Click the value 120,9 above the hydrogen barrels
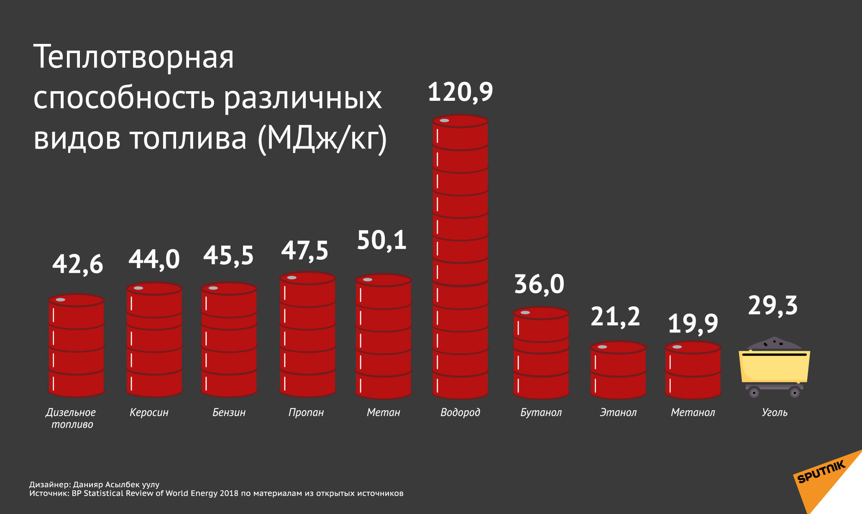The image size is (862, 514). click(x=460, y=92)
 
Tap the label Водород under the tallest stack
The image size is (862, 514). click(x=460, y=412)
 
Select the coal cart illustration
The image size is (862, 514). click(x=774, y=367)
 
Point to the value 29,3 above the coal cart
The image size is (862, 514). click(x=772, y=306)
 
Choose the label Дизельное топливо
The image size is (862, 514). click(x=71, y=418)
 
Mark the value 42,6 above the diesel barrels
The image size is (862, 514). click(x=77, y=264)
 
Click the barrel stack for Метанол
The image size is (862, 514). click(x=693, y=370)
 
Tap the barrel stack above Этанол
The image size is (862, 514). click(x=618, y=370)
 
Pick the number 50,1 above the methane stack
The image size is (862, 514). click(x=381, y=240)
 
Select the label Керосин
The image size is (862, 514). click(x=149, y=412)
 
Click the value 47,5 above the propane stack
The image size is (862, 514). click(x=304, y=251)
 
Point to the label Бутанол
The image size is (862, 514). click(x=541, y=412)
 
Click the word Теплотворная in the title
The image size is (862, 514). click(x=133, y=57)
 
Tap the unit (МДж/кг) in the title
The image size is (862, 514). click(x=322, y=138)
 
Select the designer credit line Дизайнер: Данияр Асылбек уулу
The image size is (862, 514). click(x=94, y=484)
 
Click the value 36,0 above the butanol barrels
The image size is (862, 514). click(x=539, y=284)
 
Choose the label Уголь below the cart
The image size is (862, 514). click(x=774, y=412)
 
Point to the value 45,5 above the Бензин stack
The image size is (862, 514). click(x=228, y=256)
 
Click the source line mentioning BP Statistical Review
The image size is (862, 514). click(x=216, y=494)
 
